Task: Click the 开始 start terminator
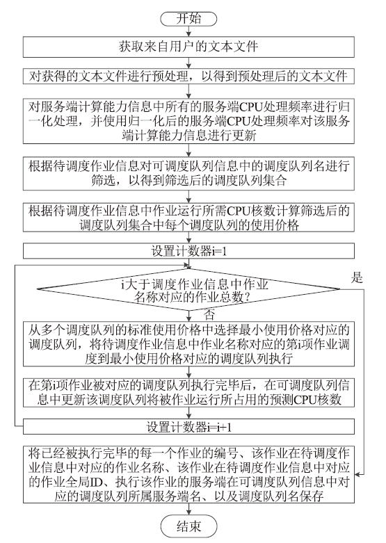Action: (x=188, y=19)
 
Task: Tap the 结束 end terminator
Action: (x=188, y=526)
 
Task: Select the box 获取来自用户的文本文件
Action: (x=188, y=47)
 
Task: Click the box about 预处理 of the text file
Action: (x=188, y=76)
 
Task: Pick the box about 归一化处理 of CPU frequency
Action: (x=188, y=121)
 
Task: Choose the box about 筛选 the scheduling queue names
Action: (x=188, y=174)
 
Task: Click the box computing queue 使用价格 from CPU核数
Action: (x=188, y=218)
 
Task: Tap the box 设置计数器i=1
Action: (x=188, y=251)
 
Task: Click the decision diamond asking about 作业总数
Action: (x=188, y=289)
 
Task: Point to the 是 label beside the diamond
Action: (x=357, y=277)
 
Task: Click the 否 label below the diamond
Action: (x=209, y=315)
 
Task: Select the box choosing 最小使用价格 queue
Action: (x=188, y=344)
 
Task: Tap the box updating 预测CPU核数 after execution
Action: (x=188, y=393)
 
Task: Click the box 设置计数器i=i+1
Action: (x=188, y=427)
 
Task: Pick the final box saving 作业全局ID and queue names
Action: (x=188, y=474)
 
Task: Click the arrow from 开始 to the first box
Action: (x=189, y=31)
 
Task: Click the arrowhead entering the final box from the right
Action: (x=357, y=474)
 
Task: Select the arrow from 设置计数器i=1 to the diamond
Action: (x=189, y=264)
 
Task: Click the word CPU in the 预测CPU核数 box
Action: (x=305, y=400)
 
